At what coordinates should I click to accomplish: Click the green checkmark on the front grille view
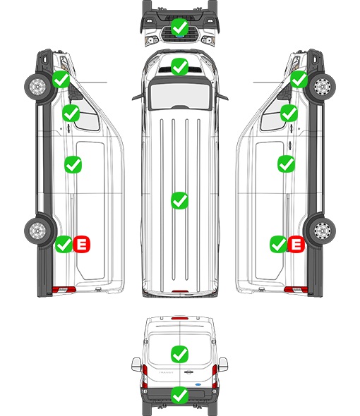179,27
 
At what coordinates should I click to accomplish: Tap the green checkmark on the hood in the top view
179,67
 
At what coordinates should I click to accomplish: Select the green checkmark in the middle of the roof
179,200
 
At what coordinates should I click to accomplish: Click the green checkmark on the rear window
179,354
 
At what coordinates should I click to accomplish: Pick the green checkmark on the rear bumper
179,396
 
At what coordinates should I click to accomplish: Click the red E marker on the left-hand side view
82,244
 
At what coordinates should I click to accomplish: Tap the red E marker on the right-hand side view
296,244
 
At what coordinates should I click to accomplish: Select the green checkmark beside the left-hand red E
64,244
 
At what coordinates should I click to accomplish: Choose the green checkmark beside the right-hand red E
278,244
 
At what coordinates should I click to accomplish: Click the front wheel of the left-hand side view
37,87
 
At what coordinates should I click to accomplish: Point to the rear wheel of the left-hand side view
37,230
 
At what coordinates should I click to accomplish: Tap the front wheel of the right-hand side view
323,87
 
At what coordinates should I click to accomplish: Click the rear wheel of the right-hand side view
323,230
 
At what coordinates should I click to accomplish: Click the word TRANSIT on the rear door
166,372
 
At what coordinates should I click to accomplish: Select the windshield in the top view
180,96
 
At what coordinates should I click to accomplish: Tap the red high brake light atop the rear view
180,318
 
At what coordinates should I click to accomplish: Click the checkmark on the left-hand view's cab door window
71,114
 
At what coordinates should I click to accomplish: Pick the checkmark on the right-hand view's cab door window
289,114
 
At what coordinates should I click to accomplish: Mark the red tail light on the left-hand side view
64,290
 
